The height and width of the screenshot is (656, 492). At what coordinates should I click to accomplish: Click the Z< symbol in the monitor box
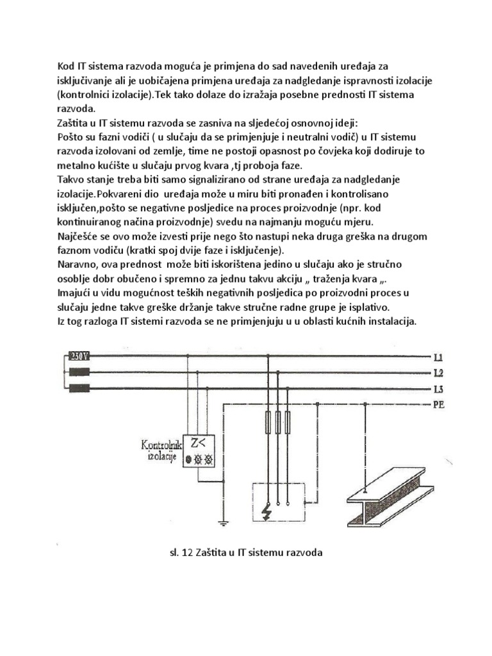tap(195, 443)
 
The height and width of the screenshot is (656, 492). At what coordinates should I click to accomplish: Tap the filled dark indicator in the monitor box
tap(188, 459)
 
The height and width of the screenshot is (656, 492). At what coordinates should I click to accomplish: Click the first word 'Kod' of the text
tap(66, 65)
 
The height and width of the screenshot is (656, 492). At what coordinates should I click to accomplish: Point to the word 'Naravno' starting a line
tap(76, 264)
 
